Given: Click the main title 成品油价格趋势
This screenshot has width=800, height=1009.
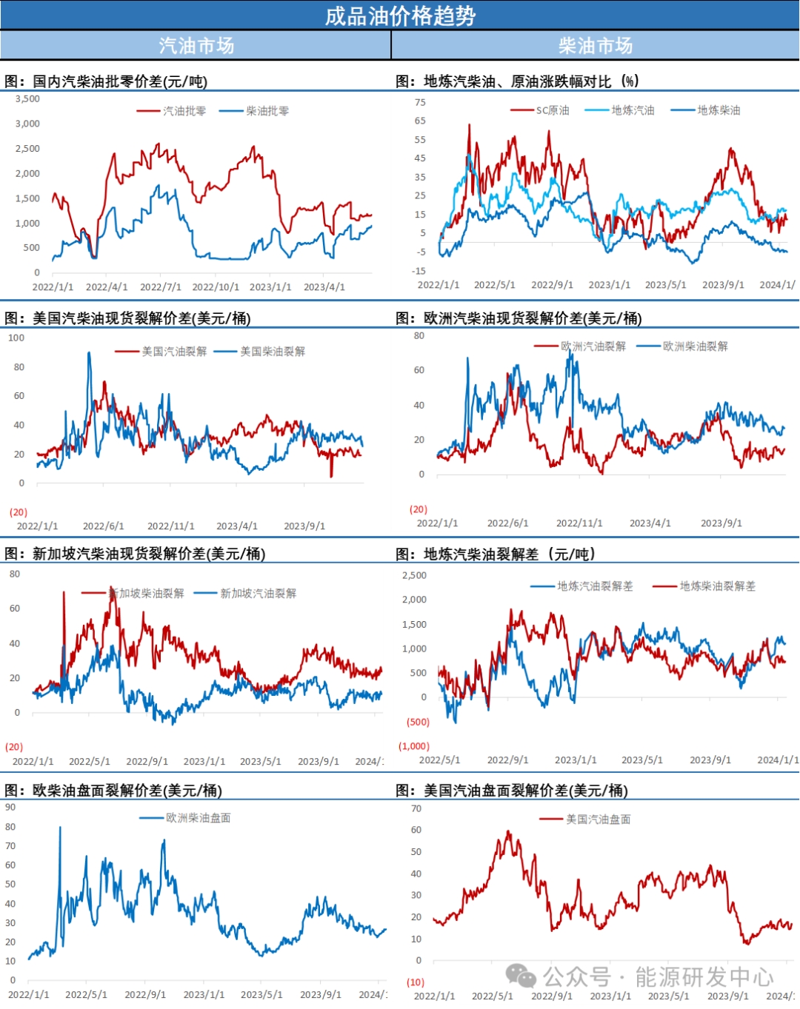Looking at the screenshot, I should click(x=400, y=16).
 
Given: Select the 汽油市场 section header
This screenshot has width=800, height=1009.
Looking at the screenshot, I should click(x=196, y=46).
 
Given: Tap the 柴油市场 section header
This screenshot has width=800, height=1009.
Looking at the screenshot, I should click(x=596, y=46).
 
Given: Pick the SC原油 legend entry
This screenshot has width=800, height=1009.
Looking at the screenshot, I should click(x=553, y=110).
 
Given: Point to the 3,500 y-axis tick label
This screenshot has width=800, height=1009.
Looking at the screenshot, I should click(x=27, y=98).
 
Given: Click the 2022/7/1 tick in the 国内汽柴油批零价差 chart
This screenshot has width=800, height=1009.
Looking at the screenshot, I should click(x=161, y=286).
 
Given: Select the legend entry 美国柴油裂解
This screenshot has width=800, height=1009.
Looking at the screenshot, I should click(x=272, y=351).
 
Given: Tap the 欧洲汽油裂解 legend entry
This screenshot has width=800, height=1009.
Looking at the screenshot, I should click(x=593, y=346).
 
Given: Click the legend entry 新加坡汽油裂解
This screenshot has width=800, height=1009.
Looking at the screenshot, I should click(x=258, y=593).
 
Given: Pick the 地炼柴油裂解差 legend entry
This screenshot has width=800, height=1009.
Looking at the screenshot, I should click(x=717, y=586).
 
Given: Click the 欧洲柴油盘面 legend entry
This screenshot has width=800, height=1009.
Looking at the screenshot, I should click(x=198, y=817).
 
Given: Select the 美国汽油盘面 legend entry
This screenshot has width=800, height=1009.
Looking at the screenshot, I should click(x=598, y=819).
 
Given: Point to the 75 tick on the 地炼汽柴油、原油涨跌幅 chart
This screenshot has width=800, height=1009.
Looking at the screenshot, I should click(x=420, y=102).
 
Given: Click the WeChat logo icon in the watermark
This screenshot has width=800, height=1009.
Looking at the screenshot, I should click(x=521, y=976).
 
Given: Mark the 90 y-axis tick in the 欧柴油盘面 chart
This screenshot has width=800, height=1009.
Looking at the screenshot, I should click(x=10, y=808).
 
